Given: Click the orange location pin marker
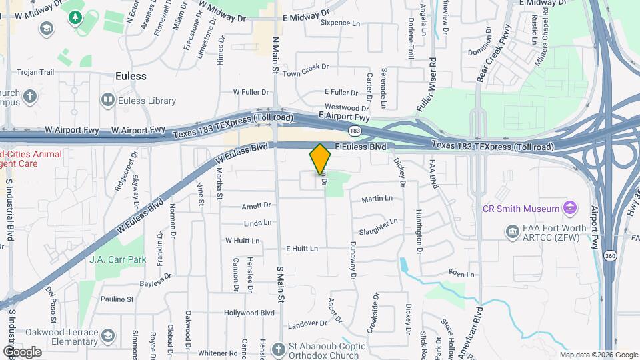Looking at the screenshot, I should [321, 159].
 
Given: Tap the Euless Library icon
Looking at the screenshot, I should [107, 101].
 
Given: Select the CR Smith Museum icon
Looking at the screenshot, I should [569, 209].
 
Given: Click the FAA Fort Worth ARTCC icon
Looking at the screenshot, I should [512, 232].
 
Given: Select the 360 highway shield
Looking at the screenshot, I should [610, 255].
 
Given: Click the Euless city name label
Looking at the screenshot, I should [131, 76].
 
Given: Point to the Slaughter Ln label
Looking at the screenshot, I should [378, 227].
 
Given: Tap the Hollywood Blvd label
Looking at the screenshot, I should [249, 313].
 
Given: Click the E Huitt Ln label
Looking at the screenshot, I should [302, 249].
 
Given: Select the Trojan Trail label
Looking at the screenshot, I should [35, 72].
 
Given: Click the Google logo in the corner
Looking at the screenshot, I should [22, 351].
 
